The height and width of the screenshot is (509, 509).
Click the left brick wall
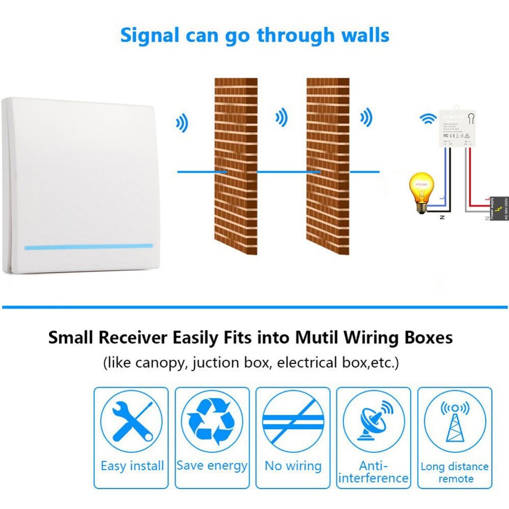coord(236,166)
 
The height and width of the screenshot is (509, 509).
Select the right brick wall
coord(328,166)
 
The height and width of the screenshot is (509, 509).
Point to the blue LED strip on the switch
coord(88,246)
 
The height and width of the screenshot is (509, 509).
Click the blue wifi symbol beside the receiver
coord(428,119)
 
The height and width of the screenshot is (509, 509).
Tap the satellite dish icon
coord(373,420)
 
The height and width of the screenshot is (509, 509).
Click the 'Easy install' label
coord(132,466)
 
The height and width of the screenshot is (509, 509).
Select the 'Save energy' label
coord(212,465)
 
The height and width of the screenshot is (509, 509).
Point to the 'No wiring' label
coord(293,466)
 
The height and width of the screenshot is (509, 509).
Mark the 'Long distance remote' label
coord(455,472)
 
